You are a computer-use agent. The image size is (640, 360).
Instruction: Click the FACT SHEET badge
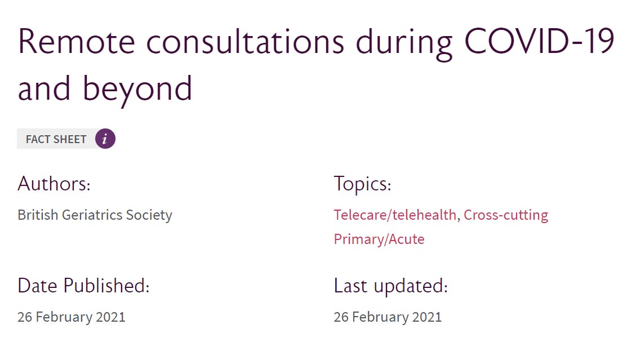pyautogui.click(x=56, y=139)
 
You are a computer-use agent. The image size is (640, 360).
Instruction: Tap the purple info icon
pyautogui.click(x=105, y=139)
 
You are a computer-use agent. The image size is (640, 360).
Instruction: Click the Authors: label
pyautogui.click(x=54, y=184)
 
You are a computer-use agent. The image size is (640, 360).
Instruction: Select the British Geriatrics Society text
pyautogui.click(x=95, y=215)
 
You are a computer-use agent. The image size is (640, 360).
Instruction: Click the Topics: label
pyautogui.click(x=362, y=184)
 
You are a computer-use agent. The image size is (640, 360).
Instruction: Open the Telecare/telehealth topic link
pyautogui.click(x=394, y=215)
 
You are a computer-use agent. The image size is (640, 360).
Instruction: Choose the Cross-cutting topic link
pyautogui.click(x=506, y=215)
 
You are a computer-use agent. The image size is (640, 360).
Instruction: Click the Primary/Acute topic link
pyautogui.click(x=379, y=239)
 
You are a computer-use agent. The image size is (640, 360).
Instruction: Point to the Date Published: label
pyautogui.click(x=83, y=286)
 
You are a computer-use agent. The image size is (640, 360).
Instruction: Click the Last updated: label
pyautogui.click(x=390, y=286)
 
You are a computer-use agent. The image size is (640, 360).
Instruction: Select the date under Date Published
pyautogui.click(x=72, y=317)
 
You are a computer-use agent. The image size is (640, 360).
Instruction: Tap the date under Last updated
pyautogui.click(x=388, y=317)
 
